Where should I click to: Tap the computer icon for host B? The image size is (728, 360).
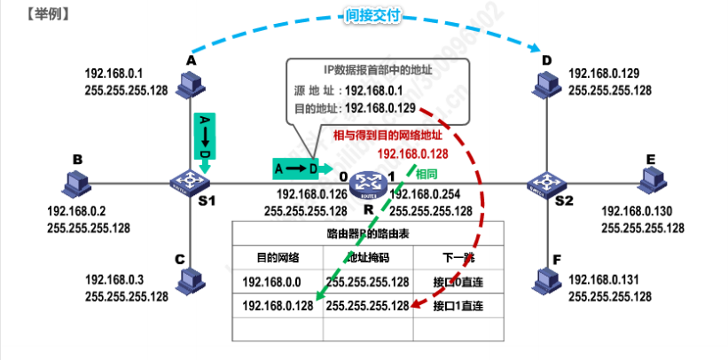click(76, 184)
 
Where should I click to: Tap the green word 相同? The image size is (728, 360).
click(427, 175)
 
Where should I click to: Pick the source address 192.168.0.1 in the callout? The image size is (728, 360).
click(373, 90)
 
